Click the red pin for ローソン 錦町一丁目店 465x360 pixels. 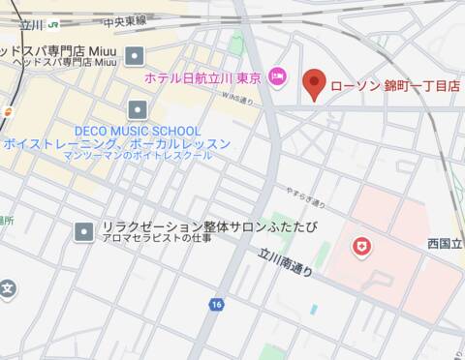tap(313, 84)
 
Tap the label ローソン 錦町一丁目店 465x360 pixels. tap(394, 86)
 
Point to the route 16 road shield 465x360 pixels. tap(215, 304)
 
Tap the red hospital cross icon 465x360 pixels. tap(362, 249)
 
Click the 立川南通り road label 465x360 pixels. tap(286, 262)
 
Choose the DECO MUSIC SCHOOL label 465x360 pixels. tap(138, 131)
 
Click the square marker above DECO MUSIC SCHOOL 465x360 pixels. tap(137, 108)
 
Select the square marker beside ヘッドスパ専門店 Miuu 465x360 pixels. tap(135, 55)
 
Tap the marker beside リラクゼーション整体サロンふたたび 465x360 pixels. tap(84, 230)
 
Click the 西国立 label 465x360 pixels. tap(445, 244)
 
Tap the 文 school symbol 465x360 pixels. tap(7, 288)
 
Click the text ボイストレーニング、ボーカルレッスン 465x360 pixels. tap(117, 143)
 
